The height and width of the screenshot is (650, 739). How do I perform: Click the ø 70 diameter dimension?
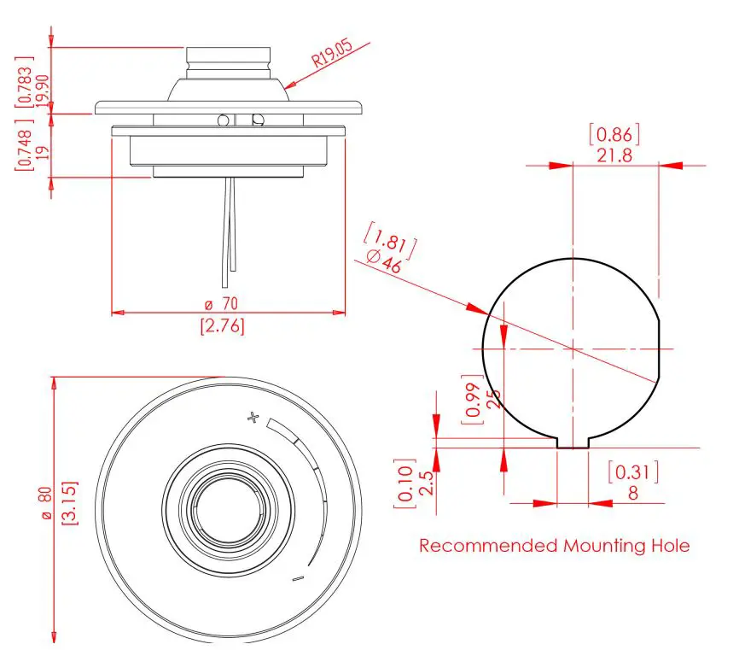221,303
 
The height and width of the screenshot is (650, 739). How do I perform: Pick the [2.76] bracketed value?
222,325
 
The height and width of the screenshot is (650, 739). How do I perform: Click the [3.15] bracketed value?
70,504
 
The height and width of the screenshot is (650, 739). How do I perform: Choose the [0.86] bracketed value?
614,133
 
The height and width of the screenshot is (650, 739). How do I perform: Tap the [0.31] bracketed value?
633,471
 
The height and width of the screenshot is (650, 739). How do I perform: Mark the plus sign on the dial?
252,418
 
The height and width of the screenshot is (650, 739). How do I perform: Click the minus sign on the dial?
298,579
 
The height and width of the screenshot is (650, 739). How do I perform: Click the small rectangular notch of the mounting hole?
573,442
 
